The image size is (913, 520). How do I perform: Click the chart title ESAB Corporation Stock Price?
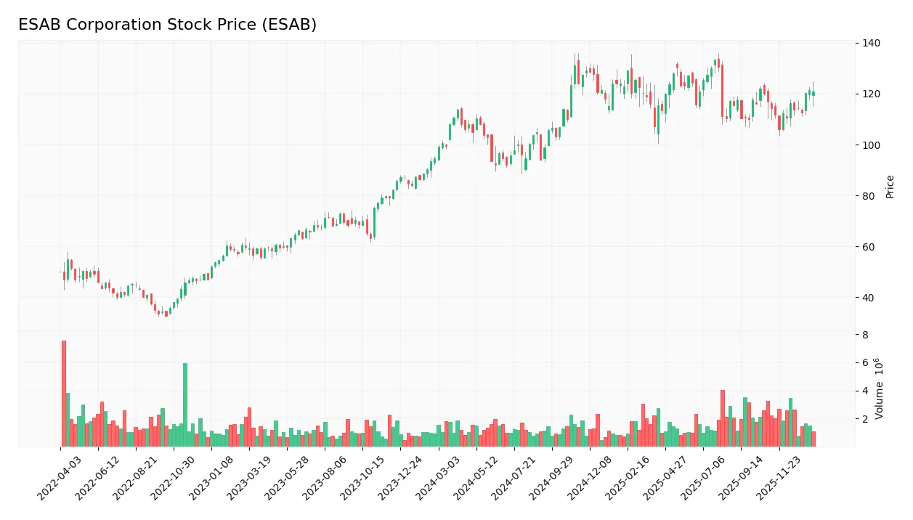coord(167,25)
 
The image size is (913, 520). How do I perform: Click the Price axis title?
coord(890,187)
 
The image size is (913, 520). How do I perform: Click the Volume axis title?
coord(880,389)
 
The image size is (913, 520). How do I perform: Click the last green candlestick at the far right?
coord(813,93)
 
